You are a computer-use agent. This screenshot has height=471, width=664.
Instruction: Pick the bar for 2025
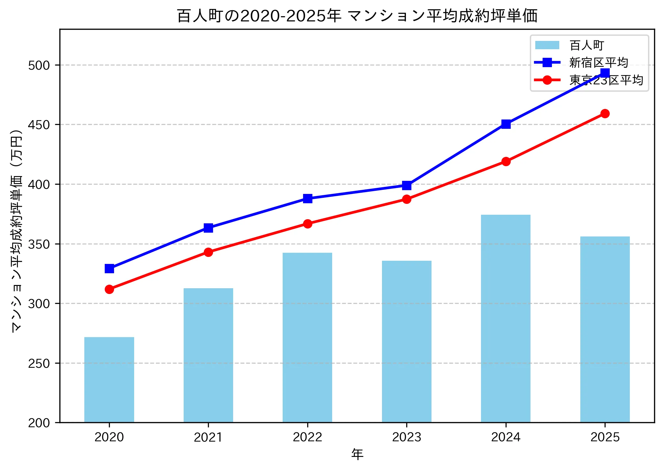click(605, 329)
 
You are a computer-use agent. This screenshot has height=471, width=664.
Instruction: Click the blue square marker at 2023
click(407, 185)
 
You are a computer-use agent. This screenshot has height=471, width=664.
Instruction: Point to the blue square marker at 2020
click(109, 268)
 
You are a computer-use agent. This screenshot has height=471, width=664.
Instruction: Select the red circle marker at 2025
click(605, 113)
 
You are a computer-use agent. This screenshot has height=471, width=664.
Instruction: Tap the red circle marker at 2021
click(208, 252)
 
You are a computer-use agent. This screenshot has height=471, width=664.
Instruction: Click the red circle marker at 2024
click(506, 161)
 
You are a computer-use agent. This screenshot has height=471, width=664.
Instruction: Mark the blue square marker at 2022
click(307, 198)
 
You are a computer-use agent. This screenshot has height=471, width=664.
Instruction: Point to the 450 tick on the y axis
click(39, 125)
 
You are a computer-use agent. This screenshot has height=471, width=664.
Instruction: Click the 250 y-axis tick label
click(39, 363)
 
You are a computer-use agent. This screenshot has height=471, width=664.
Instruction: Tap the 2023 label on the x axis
click(407, 437)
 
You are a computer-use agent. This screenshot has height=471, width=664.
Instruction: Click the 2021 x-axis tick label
click(208, 437)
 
